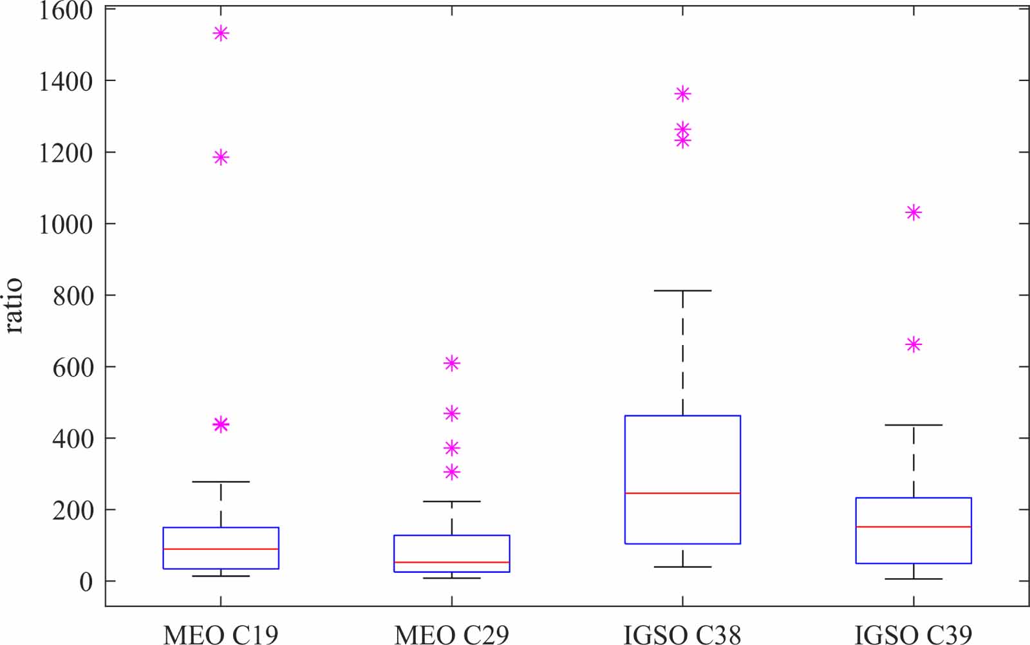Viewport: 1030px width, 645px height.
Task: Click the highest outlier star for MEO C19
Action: (221, 33)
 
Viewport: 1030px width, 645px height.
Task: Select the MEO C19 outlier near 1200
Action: (221, 157)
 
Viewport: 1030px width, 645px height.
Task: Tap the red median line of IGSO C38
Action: (682, 493)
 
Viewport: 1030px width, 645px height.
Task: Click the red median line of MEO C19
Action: (221, 549)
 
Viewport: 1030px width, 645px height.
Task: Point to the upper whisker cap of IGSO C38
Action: (682, 291)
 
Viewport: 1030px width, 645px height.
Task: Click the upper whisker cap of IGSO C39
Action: (913, 425)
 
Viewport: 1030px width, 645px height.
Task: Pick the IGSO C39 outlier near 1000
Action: (913, 212)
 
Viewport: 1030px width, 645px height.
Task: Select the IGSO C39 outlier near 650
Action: (913, 345)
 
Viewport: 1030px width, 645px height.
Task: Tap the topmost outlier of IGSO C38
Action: (682, 94)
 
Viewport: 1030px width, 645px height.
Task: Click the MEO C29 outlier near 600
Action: (451, 364)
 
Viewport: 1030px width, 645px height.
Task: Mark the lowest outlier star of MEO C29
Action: (451, 472)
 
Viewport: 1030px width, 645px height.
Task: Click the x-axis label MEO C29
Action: (451, 634)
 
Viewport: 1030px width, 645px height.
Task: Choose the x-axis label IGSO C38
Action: (682, 634)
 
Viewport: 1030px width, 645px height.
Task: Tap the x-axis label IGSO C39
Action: (913, 634)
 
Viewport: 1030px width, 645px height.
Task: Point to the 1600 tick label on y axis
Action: (66, 10)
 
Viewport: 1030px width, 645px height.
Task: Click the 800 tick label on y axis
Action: (72, 295)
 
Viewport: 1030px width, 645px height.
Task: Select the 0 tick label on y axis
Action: (86, 582)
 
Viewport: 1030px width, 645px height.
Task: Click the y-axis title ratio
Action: (14, 306)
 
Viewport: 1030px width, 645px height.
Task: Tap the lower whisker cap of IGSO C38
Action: (682, 567)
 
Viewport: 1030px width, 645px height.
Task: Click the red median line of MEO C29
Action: (451, 563)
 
